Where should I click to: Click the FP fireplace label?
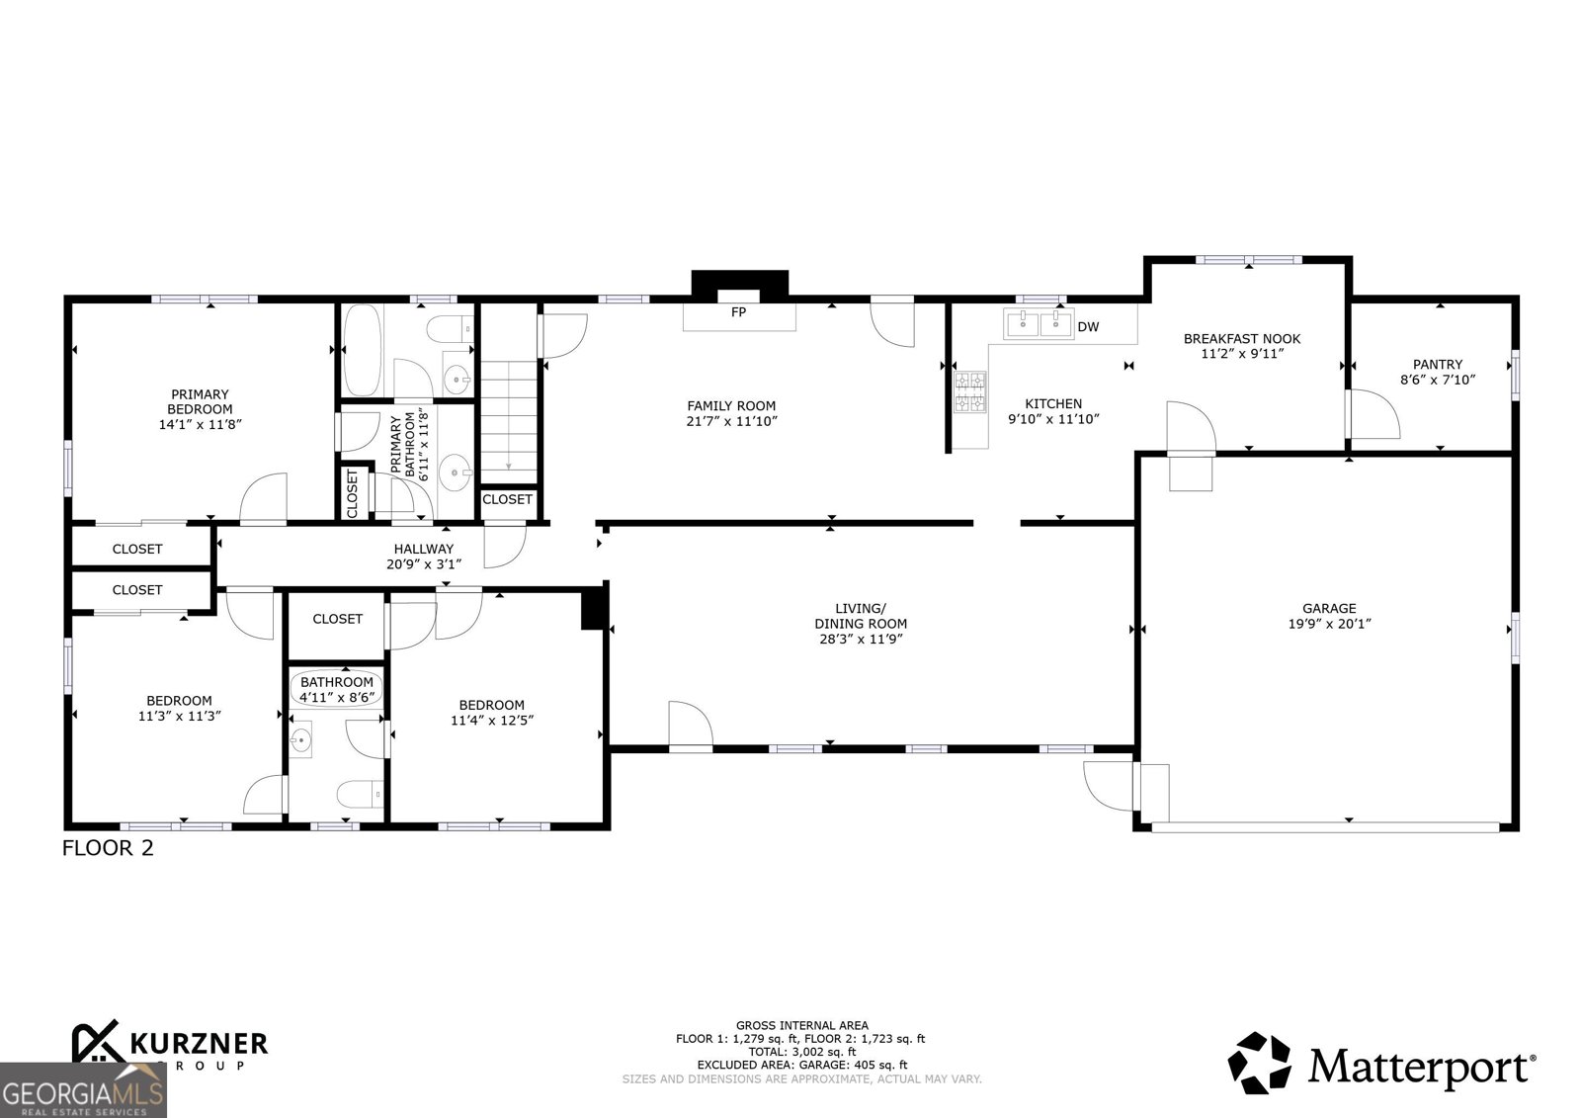pyautogui.click(x=738, y=312)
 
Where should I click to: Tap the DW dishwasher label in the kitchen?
pyautogui.click(x=1088, y=326)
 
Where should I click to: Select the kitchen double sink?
pyautogui.click(x=1039, y=323)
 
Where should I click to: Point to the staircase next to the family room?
pyautogui.click(x=507, y=415)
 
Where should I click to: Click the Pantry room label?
pyautogui.click(x=1437, y=365)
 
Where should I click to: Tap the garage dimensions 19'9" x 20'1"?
pyautogui.click(x=1329, y=624)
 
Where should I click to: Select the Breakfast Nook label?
pyautogui.click(x=1242, y=339)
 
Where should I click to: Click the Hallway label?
pyautogui.click(x=423, y=549)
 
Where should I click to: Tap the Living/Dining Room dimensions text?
pyautogui.click(x=860, y=639)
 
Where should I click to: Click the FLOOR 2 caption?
pyautogui.click(x=108, y=847)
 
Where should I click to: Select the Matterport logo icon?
pyautogui.click(x=1259, y=1063)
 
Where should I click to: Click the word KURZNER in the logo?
pyautogui.click(x=198, y=1043)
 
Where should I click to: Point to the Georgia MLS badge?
pyautogui.click(x=83, y=1091)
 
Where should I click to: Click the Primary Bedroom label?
pyautogui.click(x=200, y=401)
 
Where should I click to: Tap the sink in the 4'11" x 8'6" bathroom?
pyautogui.click(x=302, y=738)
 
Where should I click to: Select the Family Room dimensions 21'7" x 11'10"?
pyautogui.click(x=731, y=421)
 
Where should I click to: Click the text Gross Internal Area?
pyautogui.click(x=801, y=1025)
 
